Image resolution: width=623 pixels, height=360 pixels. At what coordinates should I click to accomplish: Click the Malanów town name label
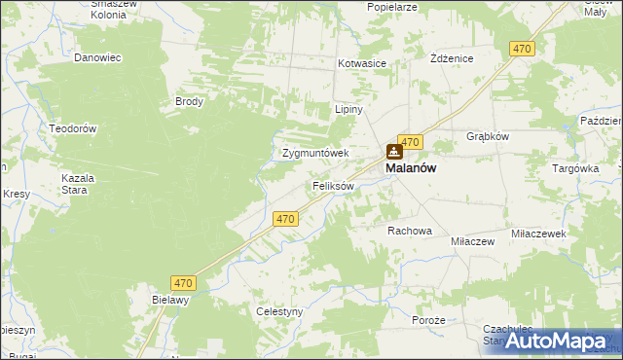pyautogui.click(x=411, y=167)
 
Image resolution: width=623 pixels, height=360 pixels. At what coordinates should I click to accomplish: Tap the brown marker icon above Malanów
pyautogui.click(x=394, y=151)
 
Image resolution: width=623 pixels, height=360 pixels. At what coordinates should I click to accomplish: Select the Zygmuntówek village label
pyautogui.click(x=314, y=153)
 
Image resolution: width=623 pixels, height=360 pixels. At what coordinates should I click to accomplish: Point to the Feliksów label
pyautogui.click(x=332, y=185)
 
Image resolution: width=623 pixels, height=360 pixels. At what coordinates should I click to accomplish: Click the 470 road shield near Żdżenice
pyautogui.click(x=522, y=49)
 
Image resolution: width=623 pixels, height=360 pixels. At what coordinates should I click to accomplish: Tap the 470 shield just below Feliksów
pyautogui.click(x=285, y=220)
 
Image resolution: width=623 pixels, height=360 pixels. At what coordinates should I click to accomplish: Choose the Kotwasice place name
pyautogui.click(x=362, y=63)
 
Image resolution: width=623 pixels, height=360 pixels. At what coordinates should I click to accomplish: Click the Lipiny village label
pyautogui.click(x=348, y=109)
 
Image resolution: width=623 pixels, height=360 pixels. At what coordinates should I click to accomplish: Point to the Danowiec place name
pyautogui.click(x=97, y=57)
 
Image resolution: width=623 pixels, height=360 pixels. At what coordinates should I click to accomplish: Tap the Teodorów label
pyautogui.click(x=73, y=128)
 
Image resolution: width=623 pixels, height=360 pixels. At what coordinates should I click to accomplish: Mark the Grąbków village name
pyautogui.click(x=488, y=136)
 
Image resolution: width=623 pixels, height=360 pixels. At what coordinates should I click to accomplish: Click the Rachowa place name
pyautogui.click(x=409, y=231)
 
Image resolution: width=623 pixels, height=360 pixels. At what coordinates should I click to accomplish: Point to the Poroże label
pyautogui.click(x=428, y=320)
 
